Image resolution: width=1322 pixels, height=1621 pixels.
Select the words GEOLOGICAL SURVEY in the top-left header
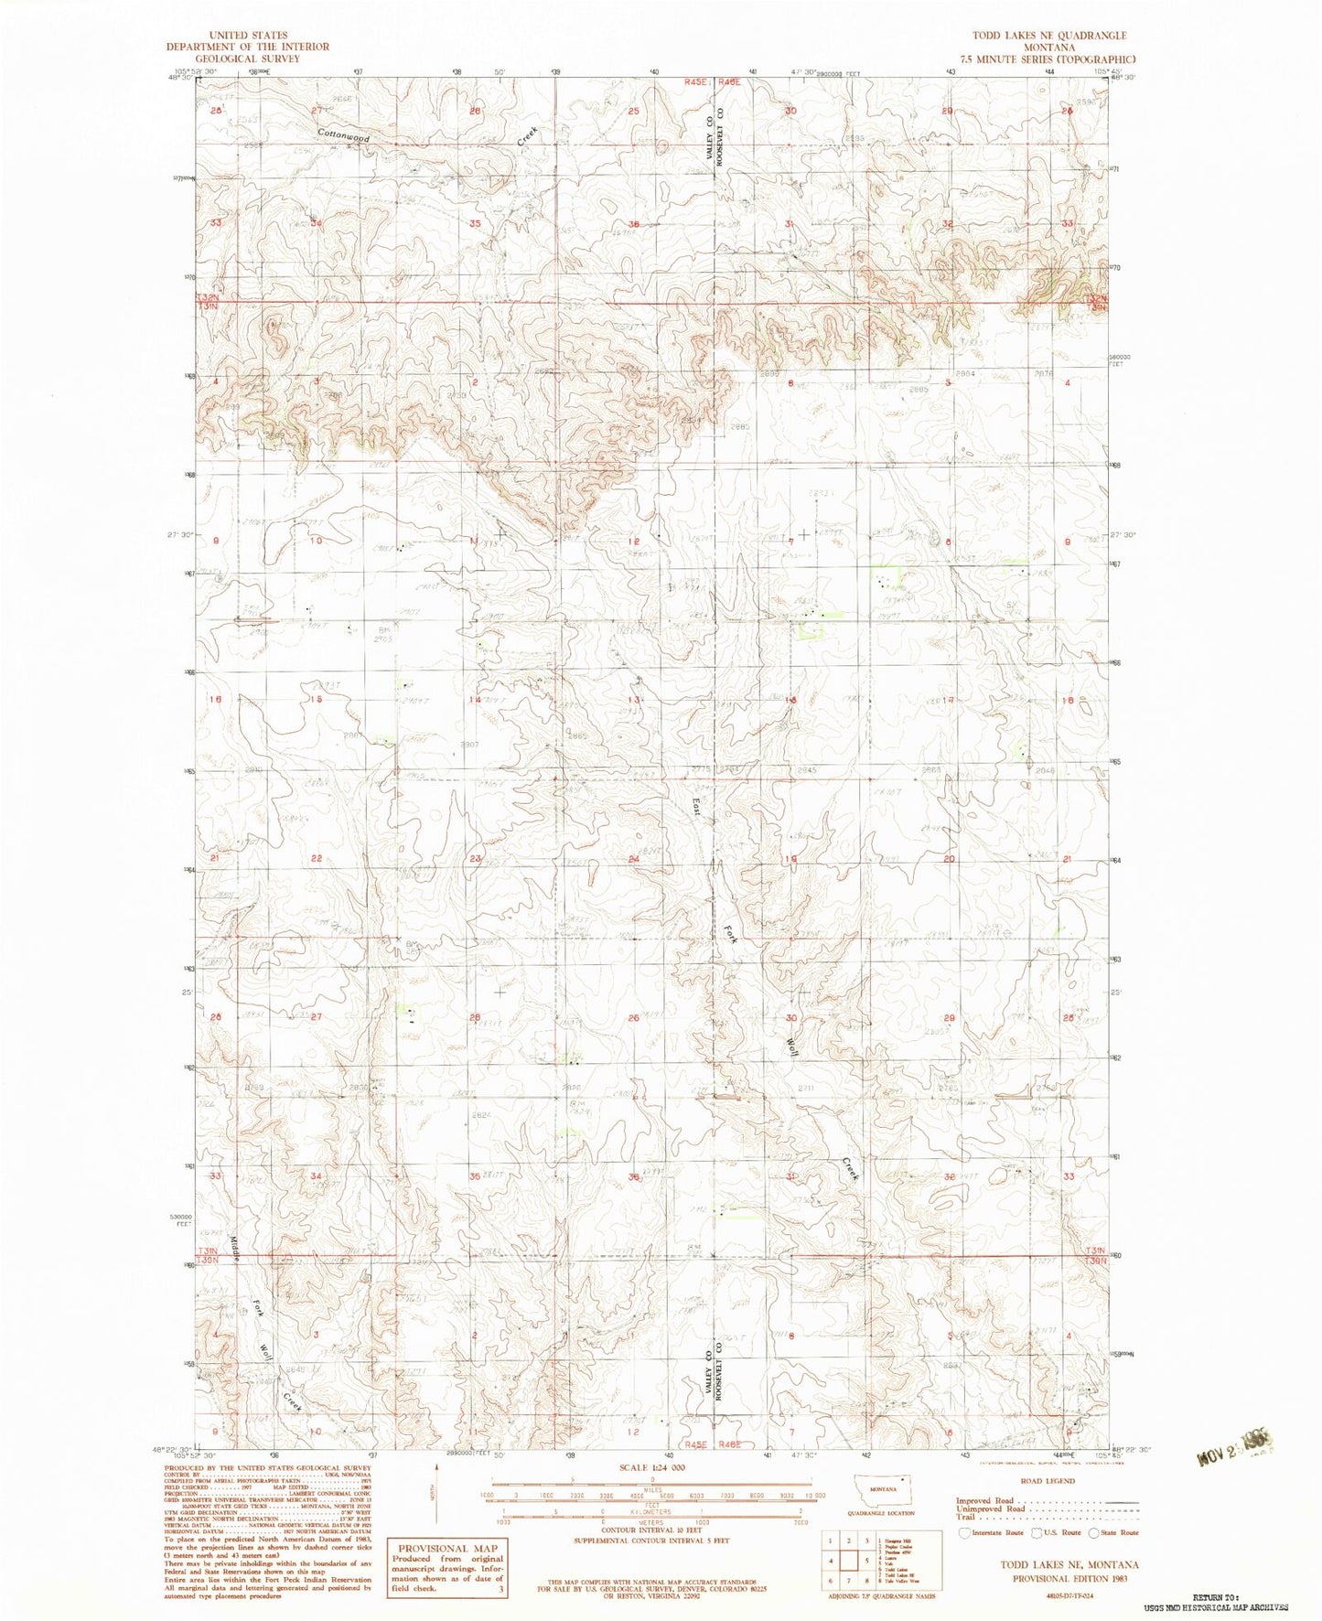click(x=247, y=58)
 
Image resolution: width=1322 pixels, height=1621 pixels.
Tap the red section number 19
click(x=790, y=859)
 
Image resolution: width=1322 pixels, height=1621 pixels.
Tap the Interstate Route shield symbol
click(x=964, y=1532)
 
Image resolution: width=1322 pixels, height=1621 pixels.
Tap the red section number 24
click(x=634, y=859)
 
